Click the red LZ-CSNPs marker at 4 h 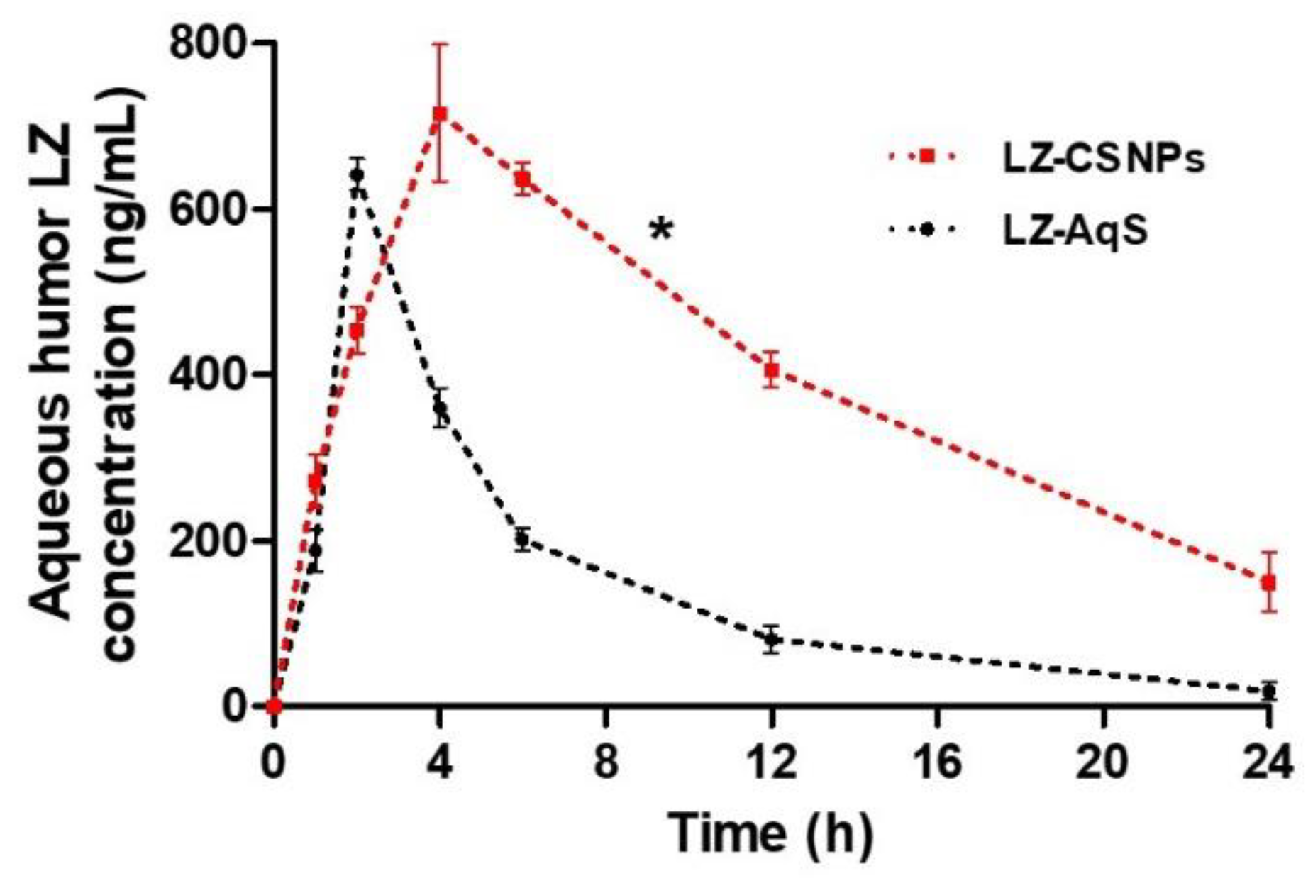[x=440, y=113]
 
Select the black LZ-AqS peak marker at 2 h [x=357, y=174]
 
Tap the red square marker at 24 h [x=1268, y=583]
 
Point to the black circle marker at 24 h [x=1268, y=691]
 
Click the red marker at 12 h [x=772, y=370]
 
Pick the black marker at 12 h [x=772, y=640]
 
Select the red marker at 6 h [x=523, y=179]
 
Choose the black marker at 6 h [x=523, y=539]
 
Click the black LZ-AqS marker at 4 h [x=440, y=408]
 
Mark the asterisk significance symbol [x=660, y=230]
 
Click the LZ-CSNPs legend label [x=1103, y=159]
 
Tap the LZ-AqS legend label [x=1074, y=231]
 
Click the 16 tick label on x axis [x=937, y=763]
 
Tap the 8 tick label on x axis [x=606, y=763]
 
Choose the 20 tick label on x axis [x=1103, y=763]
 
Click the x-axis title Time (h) [x=770, y=833]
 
